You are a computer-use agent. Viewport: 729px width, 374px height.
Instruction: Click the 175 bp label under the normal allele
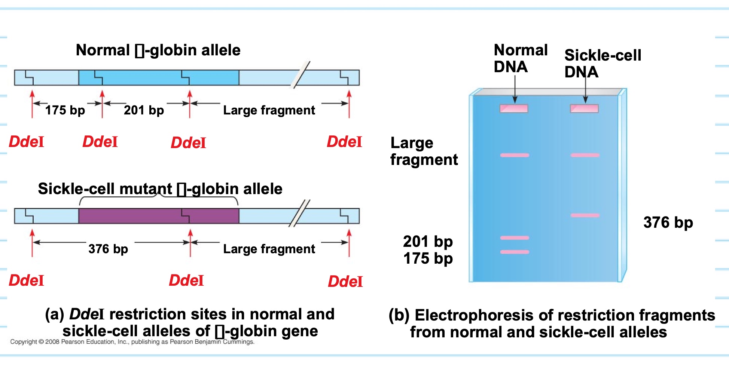pos(65,110)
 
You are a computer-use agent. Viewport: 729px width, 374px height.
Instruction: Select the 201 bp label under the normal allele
pos(144,110)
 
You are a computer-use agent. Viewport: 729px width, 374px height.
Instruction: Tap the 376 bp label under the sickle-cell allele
pos(108,249)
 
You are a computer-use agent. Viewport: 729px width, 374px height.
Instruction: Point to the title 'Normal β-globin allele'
pos(158,50)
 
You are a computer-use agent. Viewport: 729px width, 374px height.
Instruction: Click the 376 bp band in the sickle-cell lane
pos(585,215)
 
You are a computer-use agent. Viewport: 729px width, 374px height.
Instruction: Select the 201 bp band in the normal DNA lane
pos(515,238)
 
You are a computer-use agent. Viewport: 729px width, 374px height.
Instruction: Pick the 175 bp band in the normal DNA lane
pos(515,252)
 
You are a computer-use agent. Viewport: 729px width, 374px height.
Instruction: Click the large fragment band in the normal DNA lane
pos(515,155)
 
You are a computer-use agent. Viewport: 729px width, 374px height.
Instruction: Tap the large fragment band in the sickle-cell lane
pos(585,155)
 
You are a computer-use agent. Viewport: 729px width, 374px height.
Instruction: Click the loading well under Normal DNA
pos(514,108)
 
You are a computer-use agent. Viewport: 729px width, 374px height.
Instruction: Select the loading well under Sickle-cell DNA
pos(584,108)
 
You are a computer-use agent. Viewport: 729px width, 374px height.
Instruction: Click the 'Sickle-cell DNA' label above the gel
pos(603,63)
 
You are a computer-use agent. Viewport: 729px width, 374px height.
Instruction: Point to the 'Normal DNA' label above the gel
pos(520,58)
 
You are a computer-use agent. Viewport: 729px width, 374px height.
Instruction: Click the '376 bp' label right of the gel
pos(668,223)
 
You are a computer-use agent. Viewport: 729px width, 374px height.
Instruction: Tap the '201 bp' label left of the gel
pos(428,242)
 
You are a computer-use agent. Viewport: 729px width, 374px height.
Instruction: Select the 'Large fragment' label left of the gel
pos(424,151)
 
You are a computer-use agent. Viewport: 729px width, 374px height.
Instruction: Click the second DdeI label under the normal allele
pos(100,142)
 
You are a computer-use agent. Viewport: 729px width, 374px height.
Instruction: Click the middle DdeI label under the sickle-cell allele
pos(186,280)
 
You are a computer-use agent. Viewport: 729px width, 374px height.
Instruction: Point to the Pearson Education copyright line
pos(132,342)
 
